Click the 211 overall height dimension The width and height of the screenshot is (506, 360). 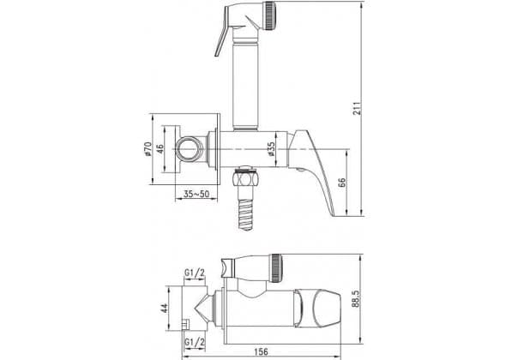357,108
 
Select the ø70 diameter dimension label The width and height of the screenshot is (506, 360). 148,148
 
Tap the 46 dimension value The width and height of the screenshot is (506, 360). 160,148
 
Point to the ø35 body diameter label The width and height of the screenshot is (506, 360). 272,149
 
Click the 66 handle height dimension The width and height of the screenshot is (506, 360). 342,183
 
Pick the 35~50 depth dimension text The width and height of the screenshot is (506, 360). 196,194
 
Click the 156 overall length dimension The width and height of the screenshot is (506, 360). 261,351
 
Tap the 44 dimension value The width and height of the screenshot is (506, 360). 164,308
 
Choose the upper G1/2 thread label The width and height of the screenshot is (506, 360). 195,273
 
